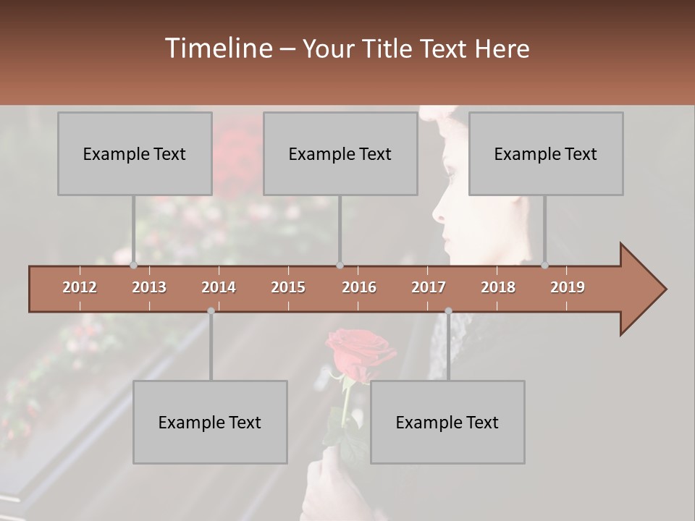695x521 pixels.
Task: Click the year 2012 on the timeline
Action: click(x=80, y=287)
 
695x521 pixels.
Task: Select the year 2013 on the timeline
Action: click(x=149, y=287)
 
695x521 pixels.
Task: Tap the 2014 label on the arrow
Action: click(x=219, y=287)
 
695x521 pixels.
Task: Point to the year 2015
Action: click(x=288, y=287)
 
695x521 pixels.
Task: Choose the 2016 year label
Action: click(x=359, y=287)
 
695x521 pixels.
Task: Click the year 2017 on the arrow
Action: click(x=429, y=287)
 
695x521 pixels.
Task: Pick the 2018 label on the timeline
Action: click(x=498, y=287)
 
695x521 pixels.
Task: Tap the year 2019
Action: click(x=568, y=287)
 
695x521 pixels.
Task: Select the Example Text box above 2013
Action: click(x=135, y=153)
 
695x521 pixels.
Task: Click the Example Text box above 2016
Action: click(x=340, y=153)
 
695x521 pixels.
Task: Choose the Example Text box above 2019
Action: click(x=546, y=153)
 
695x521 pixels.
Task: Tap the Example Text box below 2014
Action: click(x=210, y=422)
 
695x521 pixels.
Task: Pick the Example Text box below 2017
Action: click(x=447, y=422)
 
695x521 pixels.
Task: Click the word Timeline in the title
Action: click(x=218, y=48)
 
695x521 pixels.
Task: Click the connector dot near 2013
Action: click(x=134, y=265)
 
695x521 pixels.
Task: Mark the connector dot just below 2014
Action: click(x=211, y=310)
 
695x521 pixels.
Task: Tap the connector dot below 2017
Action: click(x=448, y=310)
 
